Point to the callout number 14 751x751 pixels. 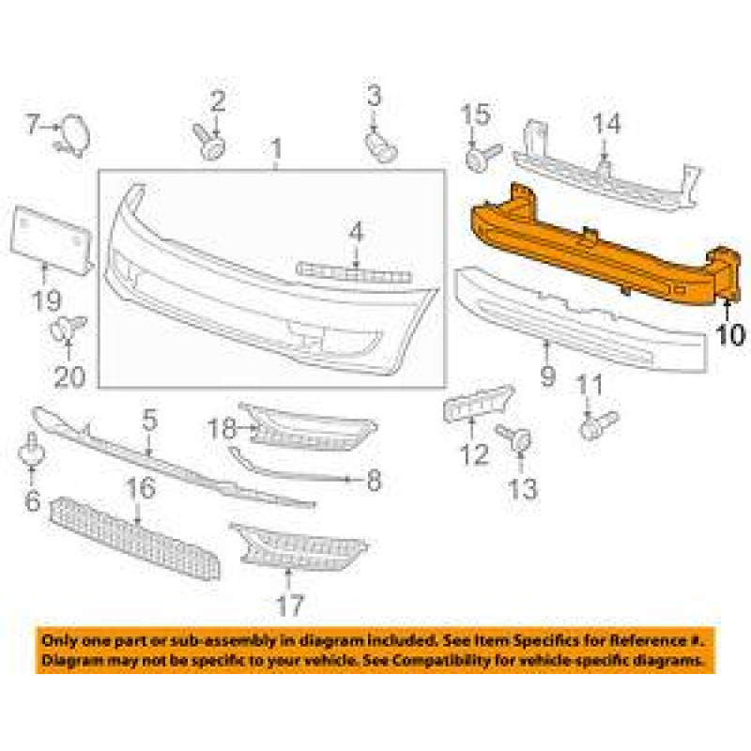(605, 124)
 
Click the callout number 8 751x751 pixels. (373, 482)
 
